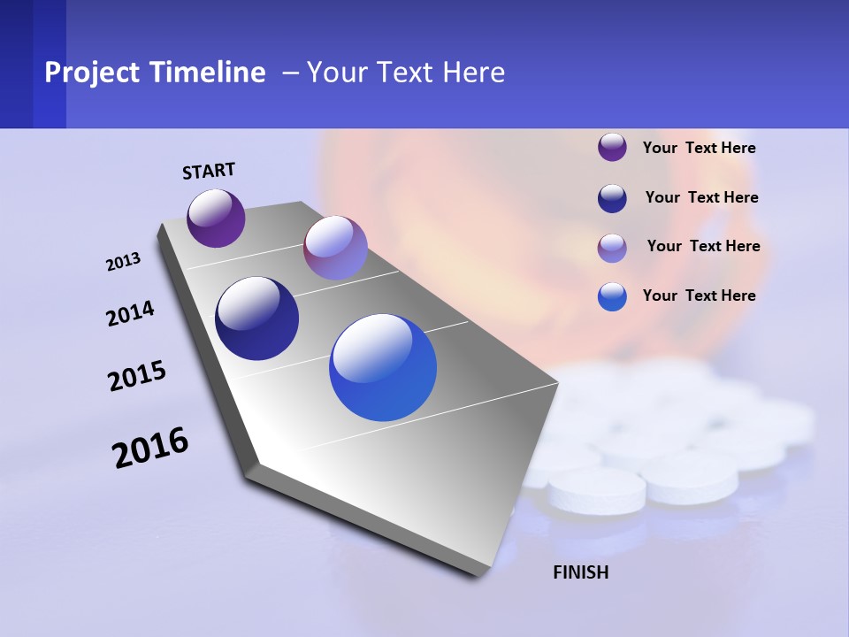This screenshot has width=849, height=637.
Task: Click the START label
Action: click(209, 171)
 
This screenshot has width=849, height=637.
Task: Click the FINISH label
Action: click(581, 572)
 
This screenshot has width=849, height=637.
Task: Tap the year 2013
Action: click(124, 262)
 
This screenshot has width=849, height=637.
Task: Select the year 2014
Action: click(131, 313)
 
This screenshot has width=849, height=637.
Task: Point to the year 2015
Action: click(137, 376)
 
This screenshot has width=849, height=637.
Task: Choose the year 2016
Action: click(150, 448)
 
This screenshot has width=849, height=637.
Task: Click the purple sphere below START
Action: click(216, 218)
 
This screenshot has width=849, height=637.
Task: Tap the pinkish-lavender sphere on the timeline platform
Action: click(335, 248)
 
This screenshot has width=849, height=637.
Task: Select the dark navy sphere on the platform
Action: click(257, 318)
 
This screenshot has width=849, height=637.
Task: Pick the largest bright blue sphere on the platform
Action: click(383, 367)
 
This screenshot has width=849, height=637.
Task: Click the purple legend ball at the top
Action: click(612, 147)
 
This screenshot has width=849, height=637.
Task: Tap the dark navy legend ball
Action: click(612, 198)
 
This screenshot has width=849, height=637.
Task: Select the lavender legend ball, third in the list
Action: click(612, 247)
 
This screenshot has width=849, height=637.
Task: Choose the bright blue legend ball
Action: click(612, 296)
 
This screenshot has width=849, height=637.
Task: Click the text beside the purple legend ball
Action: click(699, 148)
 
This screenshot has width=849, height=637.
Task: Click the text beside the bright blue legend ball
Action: click(699, 295)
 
